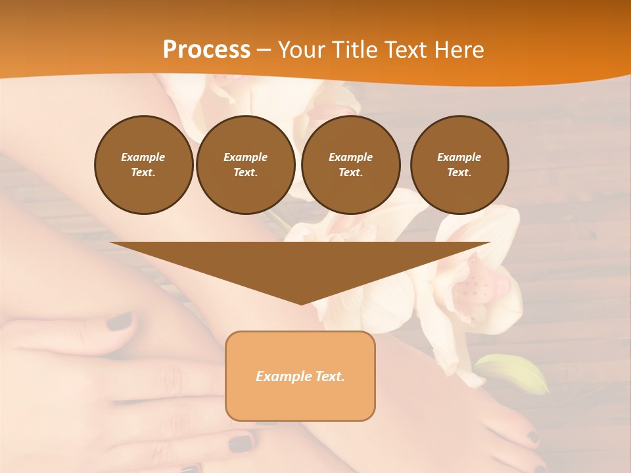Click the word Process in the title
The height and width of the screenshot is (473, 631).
pos(206,49)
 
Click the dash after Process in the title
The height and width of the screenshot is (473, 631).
pos(264,50)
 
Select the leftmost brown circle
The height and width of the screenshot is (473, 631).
pos(143,165)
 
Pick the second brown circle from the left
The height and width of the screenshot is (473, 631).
pos(245,165)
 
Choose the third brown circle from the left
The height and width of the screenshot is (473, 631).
pos(350,165)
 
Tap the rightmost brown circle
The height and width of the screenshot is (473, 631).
pos(459,165)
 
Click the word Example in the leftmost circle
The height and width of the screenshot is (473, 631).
pos(143,157)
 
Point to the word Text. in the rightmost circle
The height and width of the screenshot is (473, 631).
pos(459,172)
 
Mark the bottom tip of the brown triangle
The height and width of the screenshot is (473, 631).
pos(301,303)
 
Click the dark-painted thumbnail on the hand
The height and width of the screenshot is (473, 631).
pos(119,321)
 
